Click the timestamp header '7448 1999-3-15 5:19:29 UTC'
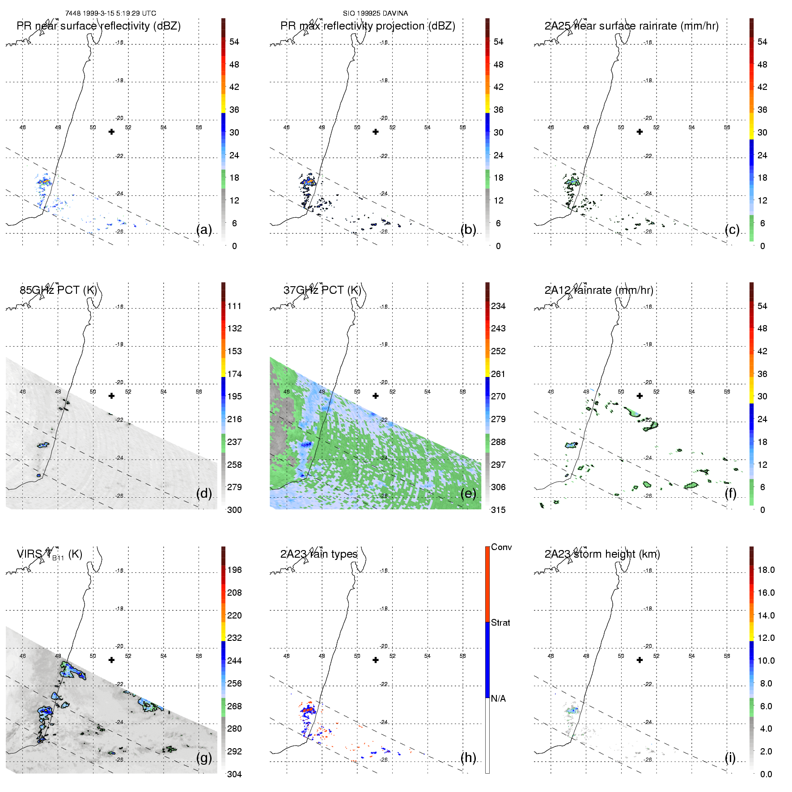point(110,13)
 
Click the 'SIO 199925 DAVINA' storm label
point(375,13)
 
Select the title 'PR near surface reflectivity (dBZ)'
point(98,26)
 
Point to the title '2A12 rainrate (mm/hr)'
point(598,290)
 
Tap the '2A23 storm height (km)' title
point(602,554)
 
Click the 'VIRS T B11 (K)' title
point(49,555)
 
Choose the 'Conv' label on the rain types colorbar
point(501,547)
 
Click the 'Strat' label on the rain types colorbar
point(500,623)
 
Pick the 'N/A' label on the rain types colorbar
point(498,699)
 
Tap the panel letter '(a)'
point(204,229)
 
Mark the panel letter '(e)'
point(468,493)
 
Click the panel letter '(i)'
point(730,758)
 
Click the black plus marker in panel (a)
point(111,132)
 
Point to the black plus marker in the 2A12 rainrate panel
point(640,396)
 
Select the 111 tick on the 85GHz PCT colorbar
point(234,306)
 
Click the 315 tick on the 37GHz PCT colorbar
point(498,510)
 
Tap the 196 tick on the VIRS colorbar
point(234,570)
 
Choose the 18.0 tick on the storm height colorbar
point(766,570)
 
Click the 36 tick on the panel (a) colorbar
point(234,110)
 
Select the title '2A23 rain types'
point(319,554)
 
